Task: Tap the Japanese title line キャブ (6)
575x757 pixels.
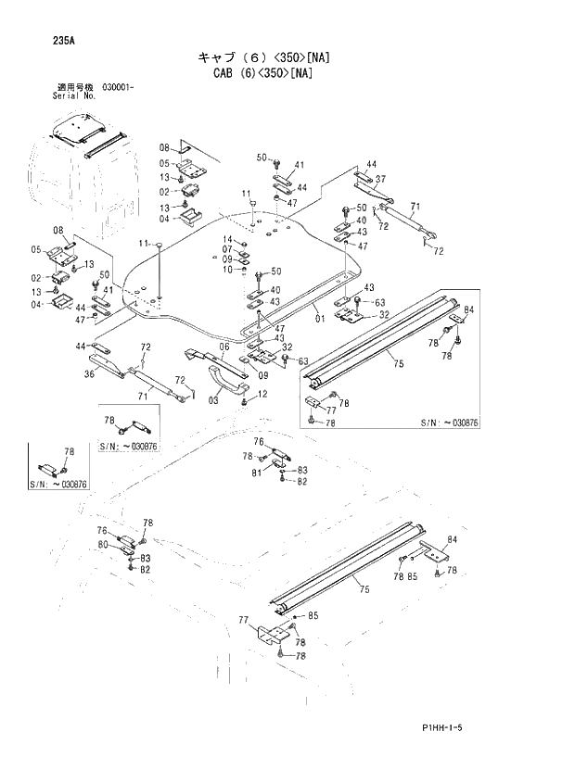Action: (263, 57)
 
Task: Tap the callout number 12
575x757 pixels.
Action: (263, 395)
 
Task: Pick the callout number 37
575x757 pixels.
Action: (380, 179)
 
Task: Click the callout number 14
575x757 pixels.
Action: (227, 240)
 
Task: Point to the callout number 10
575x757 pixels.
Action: (227, 269)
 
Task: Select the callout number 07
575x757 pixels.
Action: (227, 249)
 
